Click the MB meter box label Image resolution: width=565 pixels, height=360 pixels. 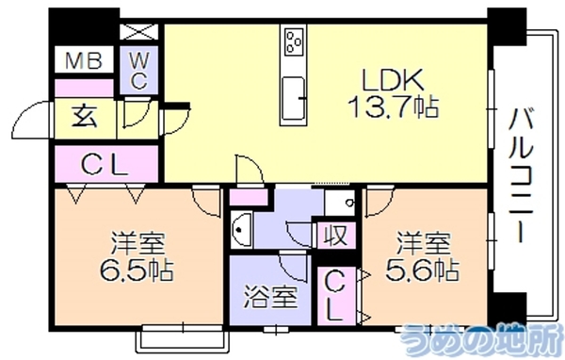click(x=84, y=60)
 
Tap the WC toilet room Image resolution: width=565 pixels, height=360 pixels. click(x=138, y=70)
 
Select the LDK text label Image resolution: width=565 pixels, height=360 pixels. click(x=393, y=80)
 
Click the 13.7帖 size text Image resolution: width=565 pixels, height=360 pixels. click(x=393, y=107)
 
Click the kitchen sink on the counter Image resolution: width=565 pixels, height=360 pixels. click(x=293, y=98)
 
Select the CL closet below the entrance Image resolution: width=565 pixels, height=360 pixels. click(x=106, y=164)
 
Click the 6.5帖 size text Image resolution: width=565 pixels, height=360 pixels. click(x=137, y=270)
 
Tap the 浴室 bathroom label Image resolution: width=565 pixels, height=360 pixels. click(x=270, y=297)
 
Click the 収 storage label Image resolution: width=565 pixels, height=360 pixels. click(x=336, y=236)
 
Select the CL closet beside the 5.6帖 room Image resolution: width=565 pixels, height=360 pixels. click(x=336, y=296)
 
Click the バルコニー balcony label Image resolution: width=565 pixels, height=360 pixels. click(x=520, y=175)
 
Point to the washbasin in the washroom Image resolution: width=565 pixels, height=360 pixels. click(x=241, y=229)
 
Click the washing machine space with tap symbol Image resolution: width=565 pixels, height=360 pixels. click(x=339, y=202)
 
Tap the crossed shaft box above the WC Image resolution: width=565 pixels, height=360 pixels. click(x=138, y=31)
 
